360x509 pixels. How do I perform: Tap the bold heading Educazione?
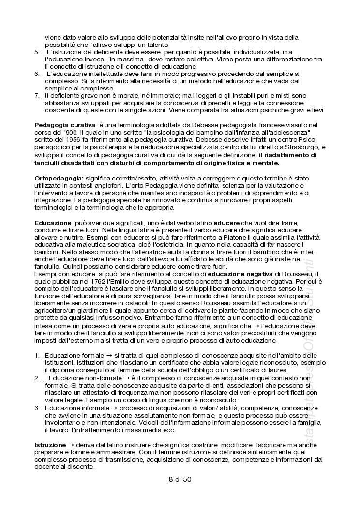53,222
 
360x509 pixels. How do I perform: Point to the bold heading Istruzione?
50,444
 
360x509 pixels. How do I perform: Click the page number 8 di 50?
180,479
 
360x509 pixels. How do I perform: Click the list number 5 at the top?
37,52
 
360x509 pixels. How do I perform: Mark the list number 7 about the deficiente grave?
37,95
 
